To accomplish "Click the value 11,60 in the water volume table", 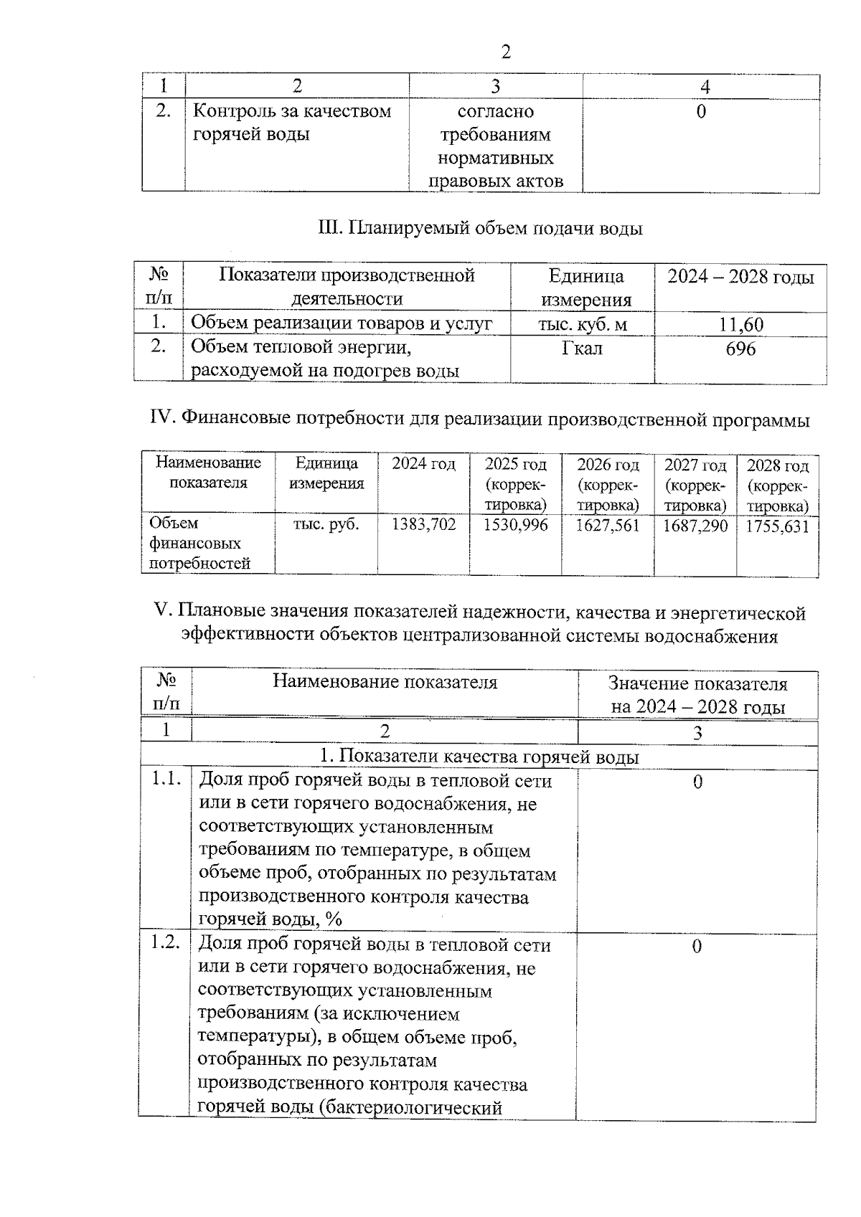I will point(741,325).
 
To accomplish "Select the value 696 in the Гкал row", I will point(740,349).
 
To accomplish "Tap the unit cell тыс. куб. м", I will point(583,325).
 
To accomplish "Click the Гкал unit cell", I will point(582,349).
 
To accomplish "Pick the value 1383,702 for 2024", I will point(423,525).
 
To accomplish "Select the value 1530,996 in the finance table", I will point(515,525).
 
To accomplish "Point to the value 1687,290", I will point(695,526).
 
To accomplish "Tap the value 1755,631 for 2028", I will point(778,527).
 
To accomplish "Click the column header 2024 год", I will point(423,465).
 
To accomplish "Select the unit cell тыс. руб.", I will point(326,524).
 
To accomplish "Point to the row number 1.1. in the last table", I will point(166,780).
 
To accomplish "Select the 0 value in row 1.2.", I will point(696,947).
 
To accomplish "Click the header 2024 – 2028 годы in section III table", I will point(740,278).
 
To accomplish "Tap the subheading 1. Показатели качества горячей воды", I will point(479,757).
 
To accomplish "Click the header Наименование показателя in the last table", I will point(385,682).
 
